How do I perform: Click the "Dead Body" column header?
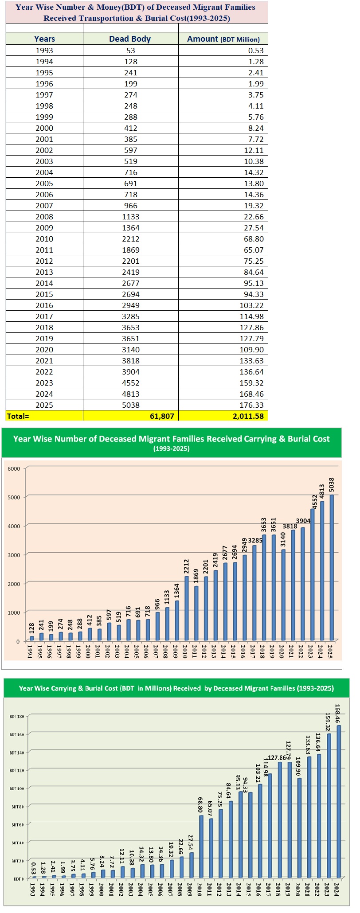point(130,39)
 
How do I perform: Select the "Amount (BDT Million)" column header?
point(223,39)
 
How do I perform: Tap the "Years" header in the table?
point(44,39)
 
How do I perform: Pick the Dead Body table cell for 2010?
point(130,239)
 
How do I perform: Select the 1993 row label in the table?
point(44,51)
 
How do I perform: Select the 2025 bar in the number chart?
point(332,567)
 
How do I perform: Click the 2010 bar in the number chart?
point(187,608)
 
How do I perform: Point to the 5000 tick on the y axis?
point(14,497)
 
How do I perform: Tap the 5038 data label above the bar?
point(332,484)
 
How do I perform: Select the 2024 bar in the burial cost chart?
point(339,801)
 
